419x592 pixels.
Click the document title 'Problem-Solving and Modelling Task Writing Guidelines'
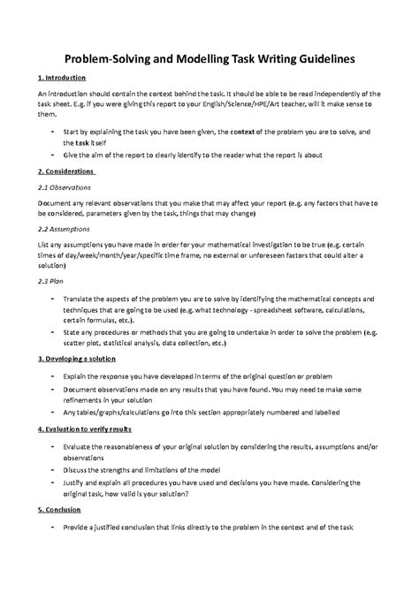click(x=209, y=57)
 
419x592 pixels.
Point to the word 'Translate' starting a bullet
click(x=83, y=298)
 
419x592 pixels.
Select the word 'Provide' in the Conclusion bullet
click(x=80, y=527)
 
